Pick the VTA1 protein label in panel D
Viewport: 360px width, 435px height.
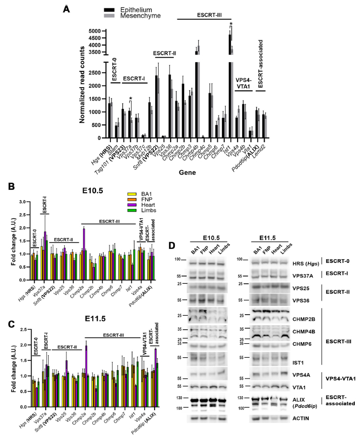(309, 387)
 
